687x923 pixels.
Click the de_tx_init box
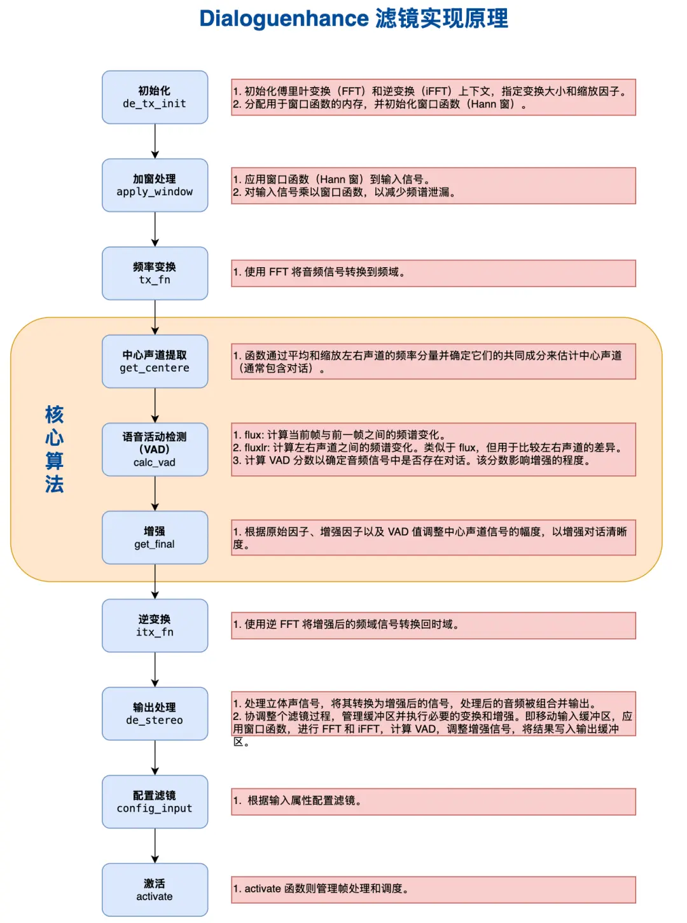point(155,97)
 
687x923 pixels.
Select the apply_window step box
point(155,185)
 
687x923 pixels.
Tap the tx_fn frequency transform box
point(155,274)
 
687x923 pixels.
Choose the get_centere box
point(155,361)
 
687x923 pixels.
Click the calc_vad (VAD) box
point(155,450)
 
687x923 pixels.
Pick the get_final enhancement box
point(155,538)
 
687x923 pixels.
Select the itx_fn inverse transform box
point(155,626)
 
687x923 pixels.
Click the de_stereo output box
point(155,714)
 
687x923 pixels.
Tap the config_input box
point(155,802)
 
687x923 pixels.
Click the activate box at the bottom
point(155,890)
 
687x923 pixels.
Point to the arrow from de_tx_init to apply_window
point(155,141)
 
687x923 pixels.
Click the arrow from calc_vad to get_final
point(155,494)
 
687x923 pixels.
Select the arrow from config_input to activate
point(155,846)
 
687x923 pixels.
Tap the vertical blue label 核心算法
point(55,449)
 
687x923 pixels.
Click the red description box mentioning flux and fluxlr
point(433,448)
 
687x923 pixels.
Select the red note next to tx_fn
point(433,273)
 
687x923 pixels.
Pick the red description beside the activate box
point(433,889)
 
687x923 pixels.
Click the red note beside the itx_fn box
point(433,625)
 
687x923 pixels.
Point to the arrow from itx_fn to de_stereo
point(155,670)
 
